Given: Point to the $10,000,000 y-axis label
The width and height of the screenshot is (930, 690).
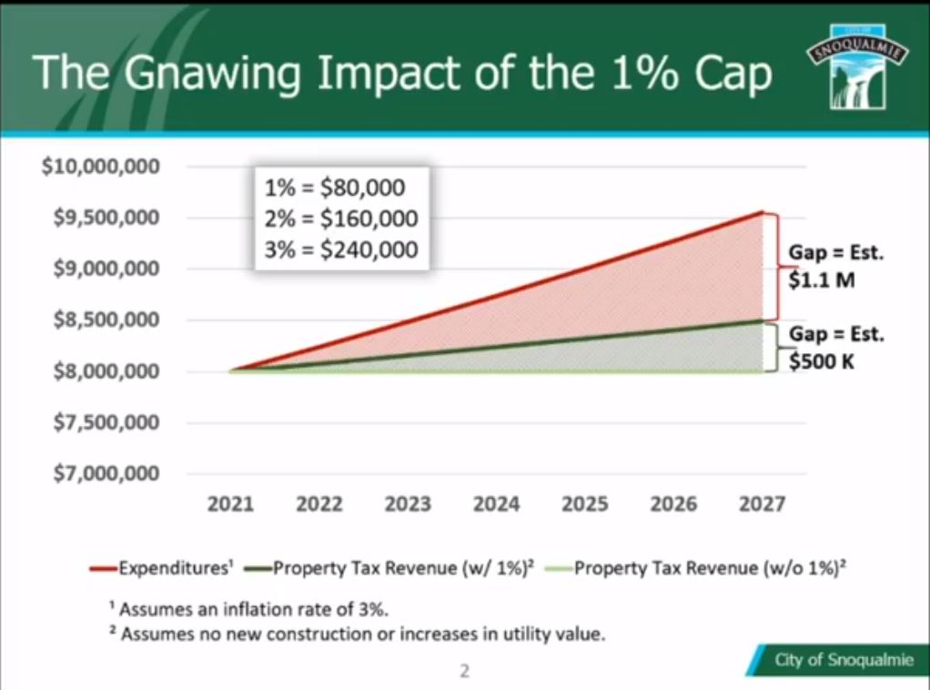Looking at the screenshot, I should click(101, 167).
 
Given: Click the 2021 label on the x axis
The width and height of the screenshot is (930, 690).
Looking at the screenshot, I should click(231, 504).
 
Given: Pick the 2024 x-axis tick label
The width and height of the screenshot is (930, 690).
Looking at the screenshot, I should click(497, 504).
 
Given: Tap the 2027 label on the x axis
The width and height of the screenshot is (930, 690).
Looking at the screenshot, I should click(762, 504).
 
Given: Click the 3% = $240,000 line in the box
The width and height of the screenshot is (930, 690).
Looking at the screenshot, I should click(341, 248).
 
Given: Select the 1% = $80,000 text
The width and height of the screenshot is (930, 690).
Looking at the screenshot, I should click(334, 189).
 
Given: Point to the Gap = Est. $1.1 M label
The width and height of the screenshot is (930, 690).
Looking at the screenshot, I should click(835, 267).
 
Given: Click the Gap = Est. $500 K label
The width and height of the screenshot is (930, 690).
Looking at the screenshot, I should click(835, 347).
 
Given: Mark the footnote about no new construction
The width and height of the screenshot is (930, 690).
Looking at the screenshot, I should click(356, 634).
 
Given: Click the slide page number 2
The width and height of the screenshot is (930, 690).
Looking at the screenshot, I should click(464, 673).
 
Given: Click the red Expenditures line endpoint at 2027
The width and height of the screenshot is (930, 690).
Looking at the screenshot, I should click(763, 212).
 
